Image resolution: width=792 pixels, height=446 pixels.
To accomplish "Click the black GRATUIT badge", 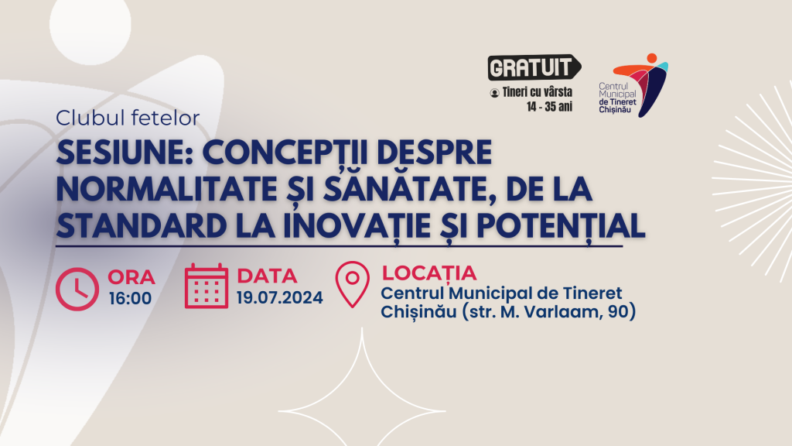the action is pyautogui.click(x=534, y=67).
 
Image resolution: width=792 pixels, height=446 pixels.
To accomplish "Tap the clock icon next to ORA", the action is pyautogui.click(x=77, y=289).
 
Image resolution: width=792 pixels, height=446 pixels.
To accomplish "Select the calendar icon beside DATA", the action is pyautogui.click(x=206, y=286).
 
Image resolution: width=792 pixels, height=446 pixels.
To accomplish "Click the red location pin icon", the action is pyautogui.click(x=353, y=284).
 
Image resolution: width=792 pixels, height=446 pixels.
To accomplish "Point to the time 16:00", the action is pyautogui.click(x=130, y=298).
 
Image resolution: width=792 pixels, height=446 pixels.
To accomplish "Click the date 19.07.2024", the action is pyautogui.click(x=280, y=297).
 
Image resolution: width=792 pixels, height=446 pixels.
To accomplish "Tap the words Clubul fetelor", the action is pyautogui.click(x=128, y=118).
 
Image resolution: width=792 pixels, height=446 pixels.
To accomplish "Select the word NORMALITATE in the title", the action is pyautogui.click(x=167, y=189).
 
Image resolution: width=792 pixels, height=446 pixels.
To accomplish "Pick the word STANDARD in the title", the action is pyautogui.click(x=142, y=225).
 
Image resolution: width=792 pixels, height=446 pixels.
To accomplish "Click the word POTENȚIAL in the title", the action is pyautogui.click(x=561, y=225).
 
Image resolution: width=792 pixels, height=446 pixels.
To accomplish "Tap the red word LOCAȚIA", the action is pyautogui.click(x=428, y=273).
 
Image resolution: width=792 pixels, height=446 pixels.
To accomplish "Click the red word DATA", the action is pyautogui.click(x=267, y=276).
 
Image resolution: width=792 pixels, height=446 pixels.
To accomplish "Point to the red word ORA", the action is pyautogui.click(x=131, y=277).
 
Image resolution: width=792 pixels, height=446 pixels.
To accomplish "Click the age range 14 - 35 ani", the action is pyautogui.click(x=550, y=107).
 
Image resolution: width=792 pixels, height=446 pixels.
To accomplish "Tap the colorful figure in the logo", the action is pyautogui.click(x=640, y=85).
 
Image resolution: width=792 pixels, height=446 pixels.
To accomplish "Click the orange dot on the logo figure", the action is pyautogui.click(x=651, y=58).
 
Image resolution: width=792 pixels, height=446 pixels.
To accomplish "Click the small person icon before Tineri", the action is pyautogui.click(x=494, y=93).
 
